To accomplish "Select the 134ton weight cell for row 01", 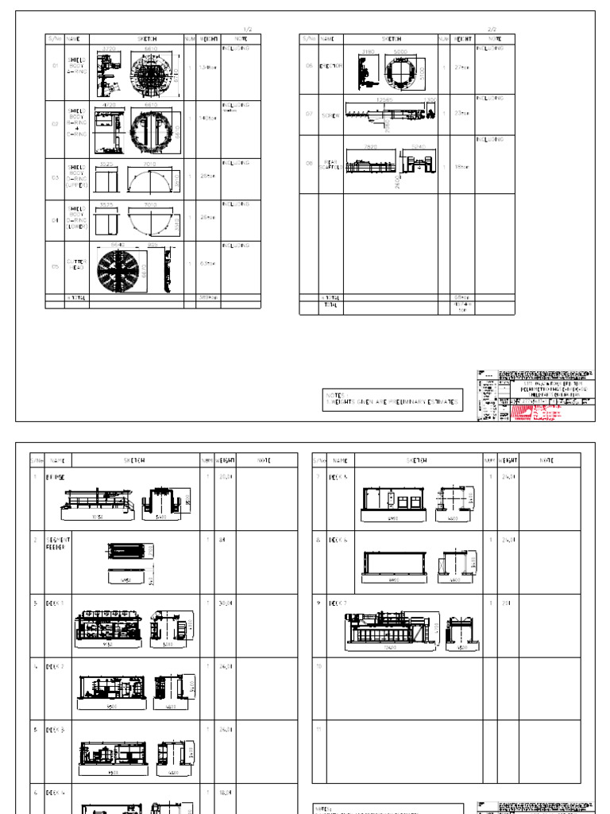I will [x=208, y=68].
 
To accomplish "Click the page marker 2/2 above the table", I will [x=491, y=30].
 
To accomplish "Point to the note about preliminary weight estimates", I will [x=392, y=402].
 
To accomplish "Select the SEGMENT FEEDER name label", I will [x=59, y=542].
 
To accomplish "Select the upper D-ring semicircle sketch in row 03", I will [x=149, y=182].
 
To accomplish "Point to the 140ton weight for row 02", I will [x=208, y=118].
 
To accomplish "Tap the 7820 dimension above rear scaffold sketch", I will [x=370, y=147].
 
